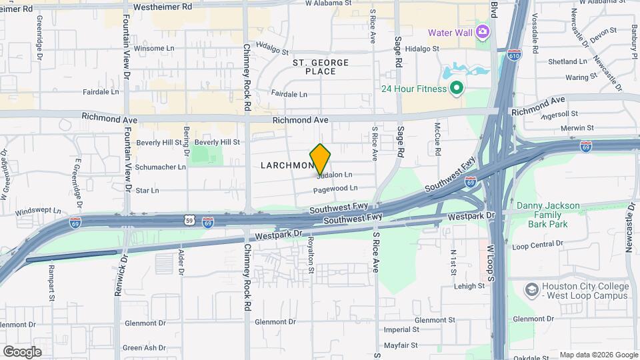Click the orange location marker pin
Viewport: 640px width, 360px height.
320,159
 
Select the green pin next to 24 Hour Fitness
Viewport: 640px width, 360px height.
457,87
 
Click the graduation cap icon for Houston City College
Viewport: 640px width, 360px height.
531,290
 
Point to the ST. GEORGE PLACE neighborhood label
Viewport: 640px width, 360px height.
321,67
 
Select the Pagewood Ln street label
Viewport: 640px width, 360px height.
340,190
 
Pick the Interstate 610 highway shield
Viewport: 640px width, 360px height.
513,53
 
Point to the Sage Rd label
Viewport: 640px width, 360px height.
399,61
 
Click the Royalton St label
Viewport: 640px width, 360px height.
311,256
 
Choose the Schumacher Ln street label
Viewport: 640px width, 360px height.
159,167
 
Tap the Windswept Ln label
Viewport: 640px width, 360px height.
42,211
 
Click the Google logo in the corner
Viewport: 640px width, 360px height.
22,351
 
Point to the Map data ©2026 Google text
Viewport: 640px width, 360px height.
598,355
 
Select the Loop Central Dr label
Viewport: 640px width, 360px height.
538,247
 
